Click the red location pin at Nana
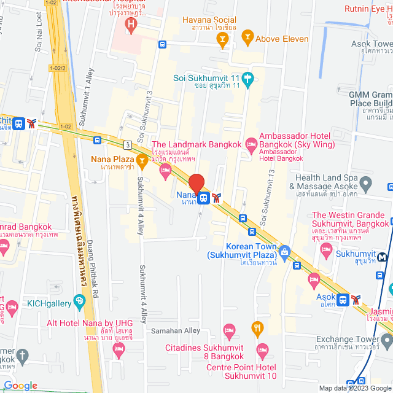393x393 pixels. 196,184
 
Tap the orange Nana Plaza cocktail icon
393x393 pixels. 142,161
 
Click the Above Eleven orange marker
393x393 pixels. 247,38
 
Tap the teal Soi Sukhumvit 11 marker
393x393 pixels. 247,79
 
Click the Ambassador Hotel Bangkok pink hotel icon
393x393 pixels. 251,144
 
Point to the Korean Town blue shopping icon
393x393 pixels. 284,251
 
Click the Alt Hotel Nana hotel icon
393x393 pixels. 119,349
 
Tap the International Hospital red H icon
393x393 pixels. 130,25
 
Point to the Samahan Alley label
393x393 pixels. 176,330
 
